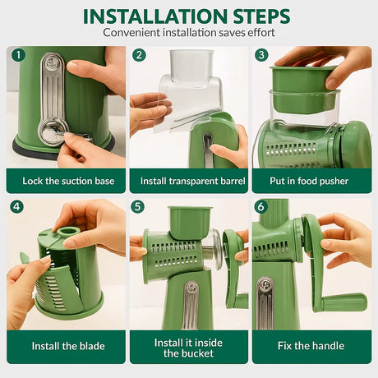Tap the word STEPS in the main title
(259, 16)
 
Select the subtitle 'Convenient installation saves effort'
(188, 33)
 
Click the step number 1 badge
(17, 56)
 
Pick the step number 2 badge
(140, 56)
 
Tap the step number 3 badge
(262, 56)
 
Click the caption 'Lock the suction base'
(67, 181)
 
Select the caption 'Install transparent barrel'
(189, 181)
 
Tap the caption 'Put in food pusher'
(311, 181)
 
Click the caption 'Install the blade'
(67, 346)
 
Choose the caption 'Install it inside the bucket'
(189, 346)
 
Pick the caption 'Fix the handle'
(311, 346)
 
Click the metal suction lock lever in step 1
(52, 99)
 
